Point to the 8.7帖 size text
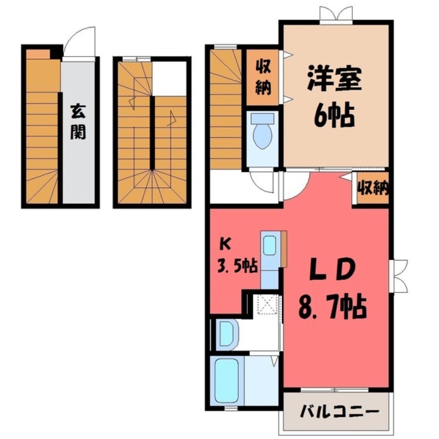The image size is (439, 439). click(333, 309)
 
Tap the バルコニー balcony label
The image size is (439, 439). click(339, 410)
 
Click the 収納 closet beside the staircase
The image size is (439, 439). click(262, 78)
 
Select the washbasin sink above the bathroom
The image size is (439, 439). click(226, 333)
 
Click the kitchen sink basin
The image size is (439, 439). click(269, 245)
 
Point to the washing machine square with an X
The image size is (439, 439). click(268, 303)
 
